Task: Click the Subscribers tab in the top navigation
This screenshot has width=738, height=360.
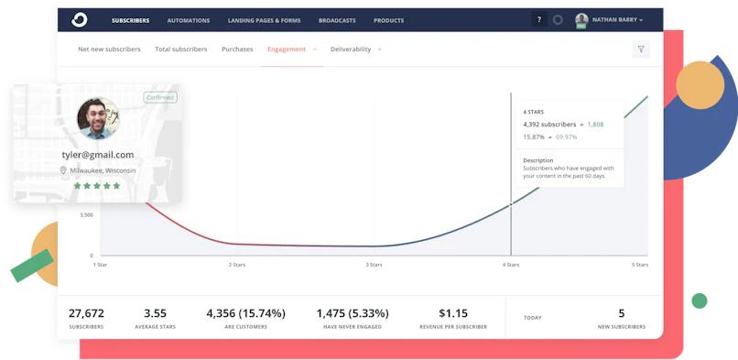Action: pyautogui.click(x=130, y=20)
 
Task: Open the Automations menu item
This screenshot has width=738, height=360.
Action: pyautogui.click(x=189, y=20)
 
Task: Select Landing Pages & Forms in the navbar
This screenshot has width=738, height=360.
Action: pyautogui.click(x=264, y=20)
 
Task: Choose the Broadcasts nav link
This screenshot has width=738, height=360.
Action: pyautogui.click(x=337, y=20)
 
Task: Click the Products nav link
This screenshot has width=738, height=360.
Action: pyautogui.click(x=388, y=20)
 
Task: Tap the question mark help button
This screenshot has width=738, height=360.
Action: pyautogui.click(x=538, y=19)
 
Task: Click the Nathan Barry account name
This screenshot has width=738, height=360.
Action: pyautogui.click(x=616, y=19)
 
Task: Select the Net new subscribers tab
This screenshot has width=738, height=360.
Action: pyautogui.click(x=109, y=49)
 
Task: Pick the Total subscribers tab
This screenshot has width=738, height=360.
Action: pyautogui.click(x=180, y=49)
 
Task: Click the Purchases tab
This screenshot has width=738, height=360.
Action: pyautogui.click(x=237, y=49)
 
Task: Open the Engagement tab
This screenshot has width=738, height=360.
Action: pyautogui.click(x=287, y=49)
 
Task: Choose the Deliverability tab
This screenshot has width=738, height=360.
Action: pyautogui.click(x=352, y=49)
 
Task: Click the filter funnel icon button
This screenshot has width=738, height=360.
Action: pyautogui.click(x=641, y=49)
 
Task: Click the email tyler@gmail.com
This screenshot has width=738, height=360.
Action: pyautogui.click(x=97, y=155)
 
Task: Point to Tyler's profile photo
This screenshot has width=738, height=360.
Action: pyautogui.click(x=97, y=118)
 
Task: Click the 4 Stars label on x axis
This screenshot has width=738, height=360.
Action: pyautogui.click(x=511, y=264)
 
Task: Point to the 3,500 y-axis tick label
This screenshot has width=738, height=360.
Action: pyautogui.click(x=86, y=214)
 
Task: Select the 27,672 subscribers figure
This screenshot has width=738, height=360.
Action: pyautogui.click(x=86, y=313)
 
